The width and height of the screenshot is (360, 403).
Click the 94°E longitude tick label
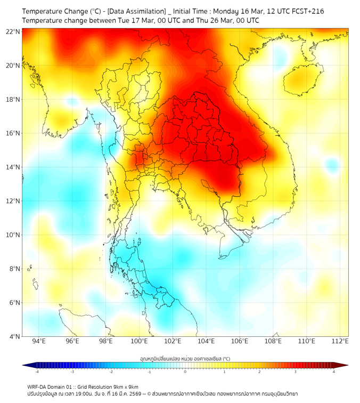coord(39,342)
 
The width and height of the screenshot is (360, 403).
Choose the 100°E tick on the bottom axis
coord(139,342)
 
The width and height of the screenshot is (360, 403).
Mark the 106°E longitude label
coord(240,342)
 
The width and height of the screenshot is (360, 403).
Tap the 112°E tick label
coord(340,342)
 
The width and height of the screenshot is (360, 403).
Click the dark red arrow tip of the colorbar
coord(345,365)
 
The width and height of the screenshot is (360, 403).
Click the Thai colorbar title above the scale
coord(185,359)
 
